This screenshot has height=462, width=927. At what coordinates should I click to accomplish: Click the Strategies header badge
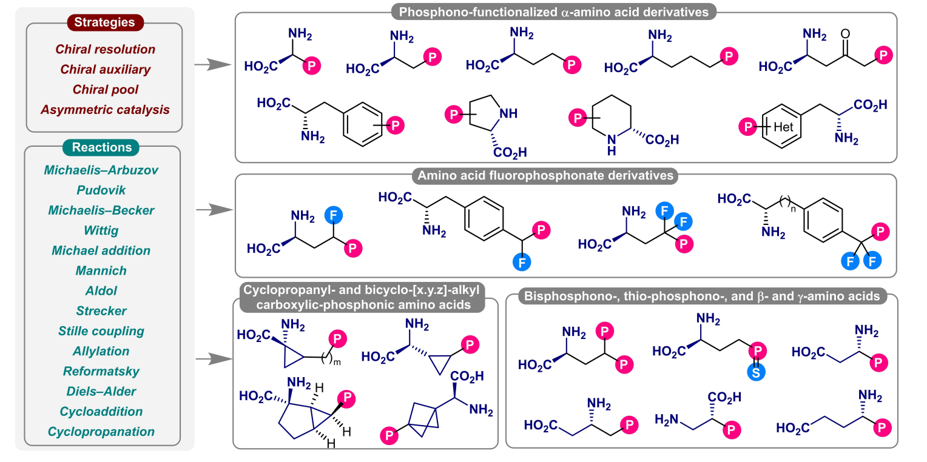(x=104, y=23)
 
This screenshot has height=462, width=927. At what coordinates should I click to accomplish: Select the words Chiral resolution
(x=105, y=49)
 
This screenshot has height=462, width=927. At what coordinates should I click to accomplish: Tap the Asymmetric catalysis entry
(x=105, y=110)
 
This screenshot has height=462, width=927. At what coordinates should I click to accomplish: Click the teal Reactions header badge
(x=102, y=147)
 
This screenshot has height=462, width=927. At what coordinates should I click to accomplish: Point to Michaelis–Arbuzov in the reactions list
(x=101, y=170)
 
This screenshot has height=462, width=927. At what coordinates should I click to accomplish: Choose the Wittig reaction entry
(x=101, y=230)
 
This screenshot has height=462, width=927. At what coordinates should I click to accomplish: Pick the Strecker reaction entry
(x=101, y=311)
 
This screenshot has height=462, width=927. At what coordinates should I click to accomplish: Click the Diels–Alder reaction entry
(x=101, y=391)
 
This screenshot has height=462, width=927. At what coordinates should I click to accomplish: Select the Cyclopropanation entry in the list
(x=101, y=432)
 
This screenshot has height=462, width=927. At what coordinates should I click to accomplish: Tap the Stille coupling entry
(x=101, y=331)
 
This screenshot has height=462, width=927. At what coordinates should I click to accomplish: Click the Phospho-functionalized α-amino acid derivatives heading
(x=555, y=11)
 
